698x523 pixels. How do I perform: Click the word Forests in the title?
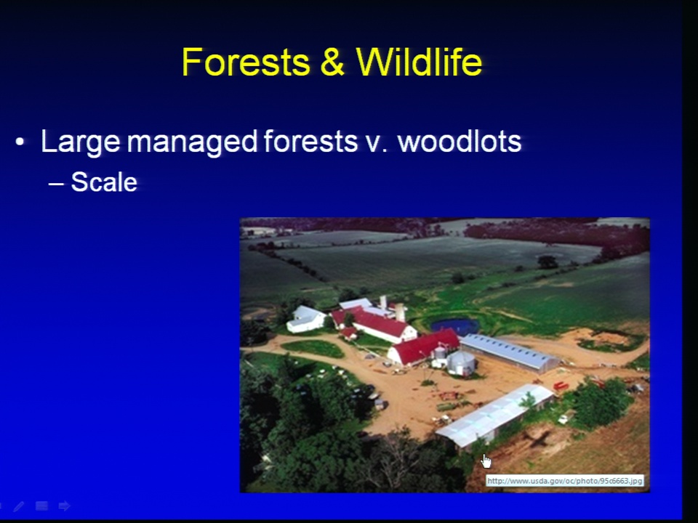click(x=246, y=62)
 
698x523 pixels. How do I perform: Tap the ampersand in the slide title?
click(x=332, y=62)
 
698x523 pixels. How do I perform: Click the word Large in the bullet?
click(x=81, y=142)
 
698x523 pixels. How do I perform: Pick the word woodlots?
click(x=459, y=142)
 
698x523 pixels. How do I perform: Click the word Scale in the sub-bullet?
click(x=104, y=182)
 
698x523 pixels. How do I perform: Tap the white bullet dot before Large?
click(x=20, y=142)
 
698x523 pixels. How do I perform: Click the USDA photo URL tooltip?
click(x=564, y=481)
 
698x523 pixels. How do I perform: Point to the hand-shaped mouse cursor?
click(x=486, y=462)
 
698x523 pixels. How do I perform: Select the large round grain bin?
click(x=462, y=363)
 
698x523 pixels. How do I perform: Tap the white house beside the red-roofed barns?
click(x=306, y=319)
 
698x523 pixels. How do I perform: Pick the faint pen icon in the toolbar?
click(x=19, y=506)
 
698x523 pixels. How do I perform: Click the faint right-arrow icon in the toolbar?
click(x=65, y=506)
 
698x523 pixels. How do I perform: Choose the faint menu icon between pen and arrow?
click(x=42, y=506)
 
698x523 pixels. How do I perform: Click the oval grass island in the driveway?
click(x=313, y=349)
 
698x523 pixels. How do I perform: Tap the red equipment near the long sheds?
click(x=561, y=385)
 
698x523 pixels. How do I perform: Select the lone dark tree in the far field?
click(x=547, y=262)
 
